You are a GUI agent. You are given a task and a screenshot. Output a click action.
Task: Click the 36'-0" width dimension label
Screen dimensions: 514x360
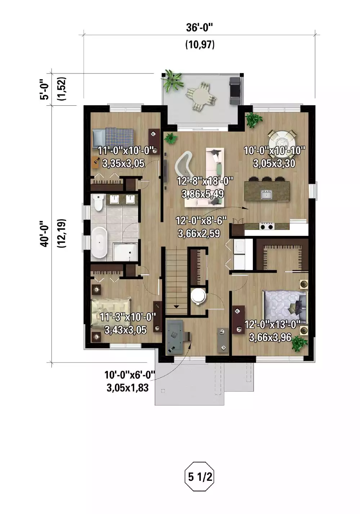(200, 27)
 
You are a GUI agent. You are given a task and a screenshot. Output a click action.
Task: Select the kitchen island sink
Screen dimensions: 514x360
(266, 195)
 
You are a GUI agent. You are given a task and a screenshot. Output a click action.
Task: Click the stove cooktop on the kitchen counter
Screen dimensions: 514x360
(267, 226)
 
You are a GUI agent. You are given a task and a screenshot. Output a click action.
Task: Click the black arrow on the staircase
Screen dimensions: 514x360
(176, 307)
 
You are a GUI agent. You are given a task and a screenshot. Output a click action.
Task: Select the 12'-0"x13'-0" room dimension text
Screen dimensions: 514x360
(272, 324)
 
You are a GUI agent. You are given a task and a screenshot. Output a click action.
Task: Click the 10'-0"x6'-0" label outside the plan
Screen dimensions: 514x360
(130, 375)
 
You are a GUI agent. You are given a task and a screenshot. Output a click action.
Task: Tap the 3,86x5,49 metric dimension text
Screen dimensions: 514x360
(203, 194)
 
